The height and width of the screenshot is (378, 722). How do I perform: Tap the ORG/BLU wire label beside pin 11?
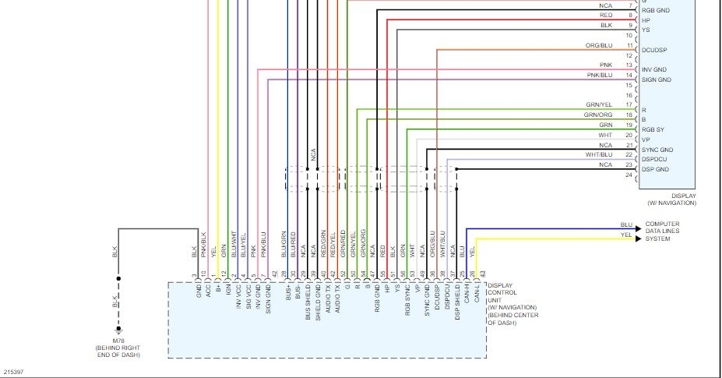(x=599, y=46)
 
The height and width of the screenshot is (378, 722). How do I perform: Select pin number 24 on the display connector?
(x=629, y=175)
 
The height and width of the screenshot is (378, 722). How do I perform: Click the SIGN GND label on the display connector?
(x=656, y=80)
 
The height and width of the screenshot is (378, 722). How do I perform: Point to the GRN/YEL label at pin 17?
(x=599, y=105)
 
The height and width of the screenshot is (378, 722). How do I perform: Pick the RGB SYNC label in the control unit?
(x=407, y=300)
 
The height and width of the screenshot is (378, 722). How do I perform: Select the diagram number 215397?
(x=13, y=372)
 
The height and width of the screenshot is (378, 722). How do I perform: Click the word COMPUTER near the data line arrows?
(x=662, y=224)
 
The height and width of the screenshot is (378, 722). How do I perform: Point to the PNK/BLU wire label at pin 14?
(x=600, y=75)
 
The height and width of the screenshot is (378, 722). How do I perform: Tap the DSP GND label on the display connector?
(x=656, y=169)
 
